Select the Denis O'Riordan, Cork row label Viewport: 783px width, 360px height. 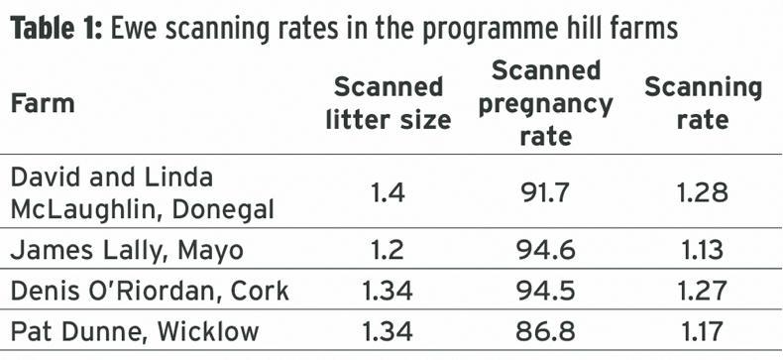click(x=150, y=291)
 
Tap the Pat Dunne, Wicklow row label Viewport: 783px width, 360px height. click(x=135, y=330)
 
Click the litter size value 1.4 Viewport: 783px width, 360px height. click(x=388, y=193)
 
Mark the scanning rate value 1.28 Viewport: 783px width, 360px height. click(x=704, y=193)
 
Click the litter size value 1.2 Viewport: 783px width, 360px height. click(x=388, y=250)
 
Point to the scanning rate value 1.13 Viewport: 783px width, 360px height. click(x=704, y=250)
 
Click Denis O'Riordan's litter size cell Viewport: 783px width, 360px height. click(x=388, y=291)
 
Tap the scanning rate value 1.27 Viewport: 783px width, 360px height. click(x=704, y=291)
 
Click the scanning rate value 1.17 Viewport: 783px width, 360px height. click(x=704, y=330)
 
